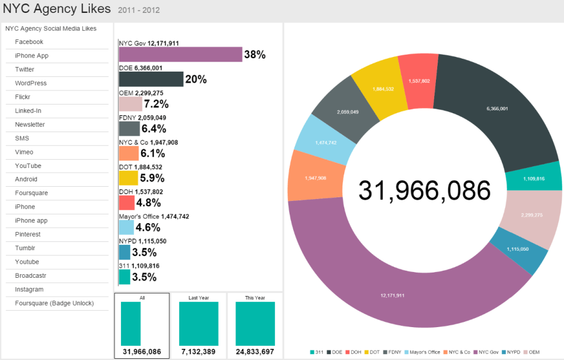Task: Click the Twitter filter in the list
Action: [x=25, y=69]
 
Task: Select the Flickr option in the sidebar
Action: [x=22, y=97]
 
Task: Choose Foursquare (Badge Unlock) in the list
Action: [x=54, y=303]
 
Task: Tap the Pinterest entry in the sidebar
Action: [x=28, y=234]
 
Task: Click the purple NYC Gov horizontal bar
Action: [x=180, y=54]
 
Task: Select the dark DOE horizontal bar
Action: [x=151, y=79]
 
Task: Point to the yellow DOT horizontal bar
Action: [x=128, y=178]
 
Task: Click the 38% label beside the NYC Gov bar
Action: [x=255, y=55]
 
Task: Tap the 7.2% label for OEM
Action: [x=156, y=105]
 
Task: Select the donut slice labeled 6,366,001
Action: [x=496, y=109]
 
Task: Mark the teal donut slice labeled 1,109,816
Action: [x=533, y=178]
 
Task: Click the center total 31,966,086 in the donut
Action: [x=424, y=191]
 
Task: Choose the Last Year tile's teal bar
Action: [x=199, y=324]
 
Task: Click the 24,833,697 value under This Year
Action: [x=255, y=352]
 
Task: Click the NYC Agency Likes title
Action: [x=56, y=9]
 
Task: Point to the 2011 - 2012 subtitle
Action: [x=139, y=10]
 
